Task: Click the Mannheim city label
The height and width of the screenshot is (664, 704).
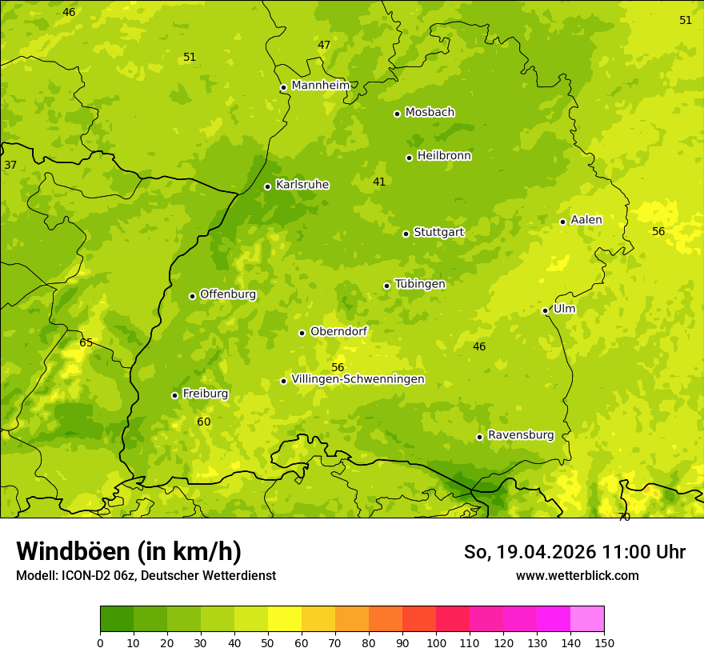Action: pyautogui.click(x=321, y=86)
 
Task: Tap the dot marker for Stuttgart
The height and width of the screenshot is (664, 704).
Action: pyautogui.click(x=406, y=234)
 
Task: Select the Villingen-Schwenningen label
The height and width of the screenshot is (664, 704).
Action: pyautogui.click(x=358, y=379)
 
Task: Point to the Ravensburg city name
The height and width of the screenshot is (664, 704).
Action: pyautogui.click(x=521, y=435)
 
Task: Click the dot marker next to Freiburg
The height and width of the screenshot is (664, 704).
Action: pyautogui.click(x=174, y=395)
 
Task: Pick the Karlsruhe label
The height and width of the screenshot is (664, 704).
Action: pyautogui.click(x=302, y=185)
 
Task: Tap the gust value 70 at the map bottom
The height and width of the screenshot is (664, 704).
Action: pyautogui.click(x=624, y=517)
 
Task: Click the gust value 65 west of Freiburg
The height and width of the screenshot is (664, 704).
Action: pyautogui.click(x=86, y=343)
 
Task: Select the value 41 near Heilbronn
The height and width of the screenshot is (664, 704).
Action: pyautogui.click(x=379, y=182)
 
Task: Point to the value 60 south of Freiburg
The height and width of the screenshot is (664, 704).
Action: pyautogui.click(x=204, y=422)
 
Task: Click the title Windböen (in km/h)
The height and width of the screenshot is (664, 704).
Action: pyautogui.click(x=129, y=551)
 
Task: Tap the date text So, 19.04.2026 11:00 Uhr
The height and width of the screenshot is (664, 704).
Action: pyautogui.click(x=574, y=552)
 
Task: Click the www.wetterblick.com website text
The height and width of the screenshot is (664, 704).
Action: pyautogui.click(x=577, y=575)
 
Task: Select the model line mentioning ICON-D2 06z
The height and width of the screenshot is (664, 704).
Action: pyautogui.click(x=146, y=575)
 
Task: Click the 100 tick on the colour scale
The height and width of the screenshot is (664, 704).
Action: pyautogui.click(x=436, y=642)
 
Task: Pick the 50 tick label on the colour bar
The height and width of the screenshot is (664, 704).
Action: pyautogui.click(x=268, y=642)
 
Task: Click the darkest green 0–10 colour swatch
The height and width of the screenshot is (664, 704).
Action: pyautogui.click(x=117, y=619)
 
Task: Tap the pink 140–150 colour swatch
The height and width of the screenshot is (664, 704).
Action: pyautogui.click(x=587, y=619)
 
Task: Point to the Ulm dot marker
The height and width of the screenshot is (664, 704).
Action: pyautogui.click(x=545, y=310)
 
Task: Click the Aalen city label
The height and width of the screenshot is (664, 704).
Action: pyautogui.click(x=586, y=220)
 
